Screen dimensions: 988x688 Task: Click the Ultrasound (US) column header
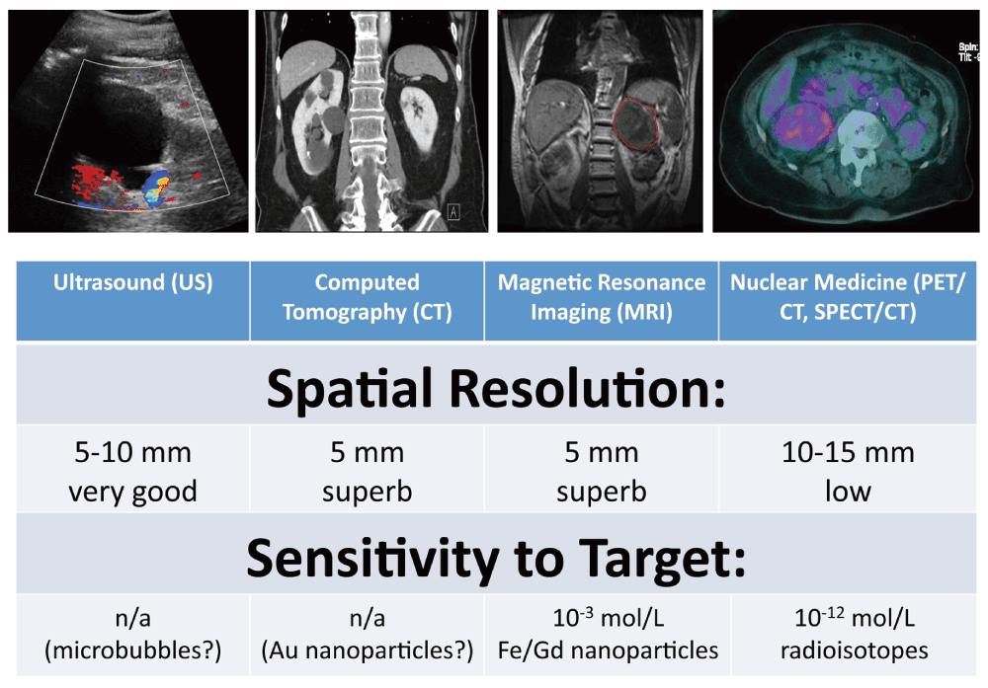133,282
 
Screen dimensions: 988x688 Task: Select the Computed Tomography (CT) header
367,297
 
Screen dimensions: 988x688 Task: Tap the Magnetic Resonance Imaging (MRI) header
601,297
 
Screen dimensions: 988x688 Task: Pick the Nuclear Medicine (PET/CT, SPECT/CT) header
848,297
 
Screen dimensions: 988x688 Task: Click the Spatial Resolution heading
496,388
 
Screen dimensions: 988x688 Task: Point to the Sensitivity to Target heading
496,558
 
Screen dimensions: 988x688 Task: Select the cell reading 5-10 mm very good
133,472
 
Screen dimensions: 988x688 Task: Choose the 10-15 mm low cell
848,472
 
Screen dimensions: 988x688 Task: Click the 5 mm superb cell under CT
367,472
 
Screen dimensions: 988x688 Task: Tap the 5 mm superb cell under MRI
601,472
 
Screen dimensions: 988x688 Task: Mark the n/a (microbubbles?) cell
133,635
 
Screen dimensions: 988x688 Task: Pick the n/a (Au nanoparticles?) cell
367,635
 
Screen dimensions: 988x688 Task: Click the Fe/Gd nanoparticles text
608,650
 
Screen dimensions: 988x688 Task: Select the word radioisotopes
854,650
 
